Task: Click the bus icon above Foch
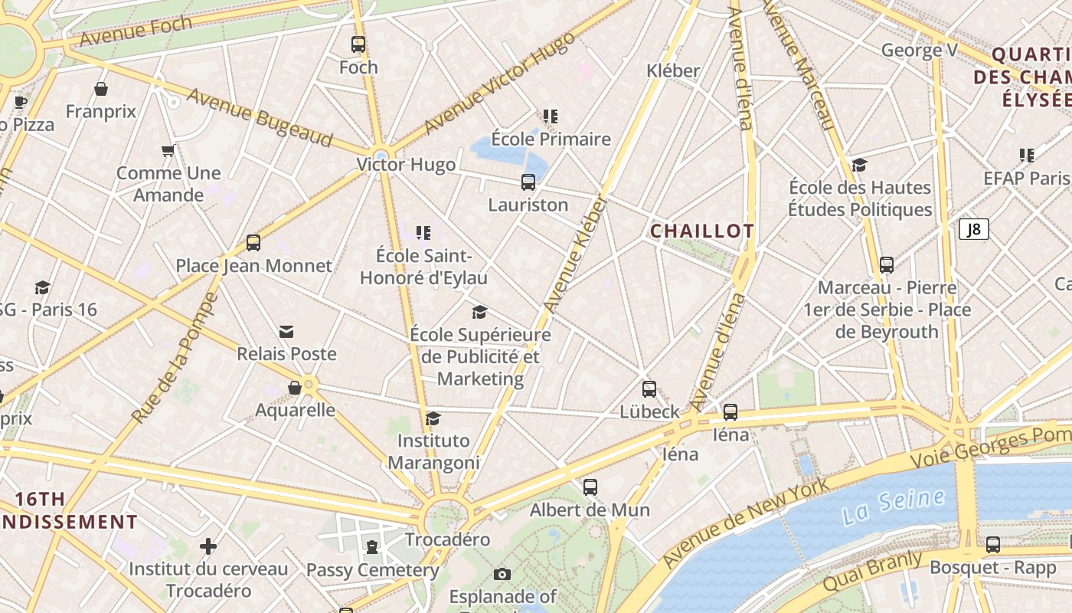tap(358, 44)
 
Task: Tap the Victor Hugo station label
tap(406, 165)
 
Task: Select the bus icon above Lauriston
tap(528, 182)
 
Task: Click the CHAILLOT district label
tap(702, 231)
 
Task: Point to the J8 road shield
tap(974, 229)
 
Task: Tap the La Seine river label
tap(893, 506)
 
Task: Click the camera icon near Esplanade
tap(502, 574)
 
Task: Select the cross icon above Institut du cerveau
tap(208, 546)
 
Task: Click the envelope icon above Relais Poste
tap(286, 331)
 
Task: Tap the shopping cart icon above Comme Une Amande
tap(168, 150)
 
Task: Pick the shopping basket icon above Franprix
tap(101, 89)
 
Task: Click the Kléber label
tap(673, 70)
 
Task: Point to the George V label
tap(920, 51)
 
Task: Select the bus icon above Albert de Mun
tap(590, 487)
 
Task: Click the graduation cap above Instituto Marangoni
tap(433, 418)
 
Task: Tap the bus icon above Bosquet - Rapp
tap(993, 545)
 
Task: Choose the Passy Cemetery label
tap(373, 570)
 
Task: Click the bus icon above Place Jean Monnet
tap(253, 243)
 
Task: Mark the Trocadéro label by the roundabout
tap(447, 539)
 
